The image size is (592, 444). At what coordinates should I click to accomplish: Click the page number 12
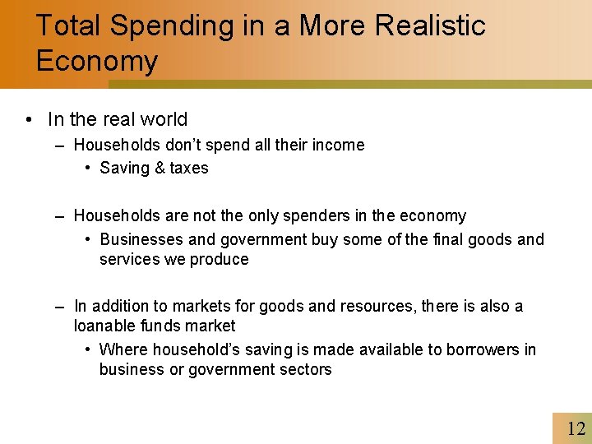pos(576,428)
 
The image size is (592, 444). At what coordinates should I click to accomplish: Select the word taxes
pos(190,169)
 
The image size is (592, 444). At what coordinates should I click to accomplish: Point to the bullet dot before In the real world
pos(29,120)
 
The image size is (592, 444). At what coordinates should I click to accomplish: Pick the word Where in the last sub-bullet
pos(123,350)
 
